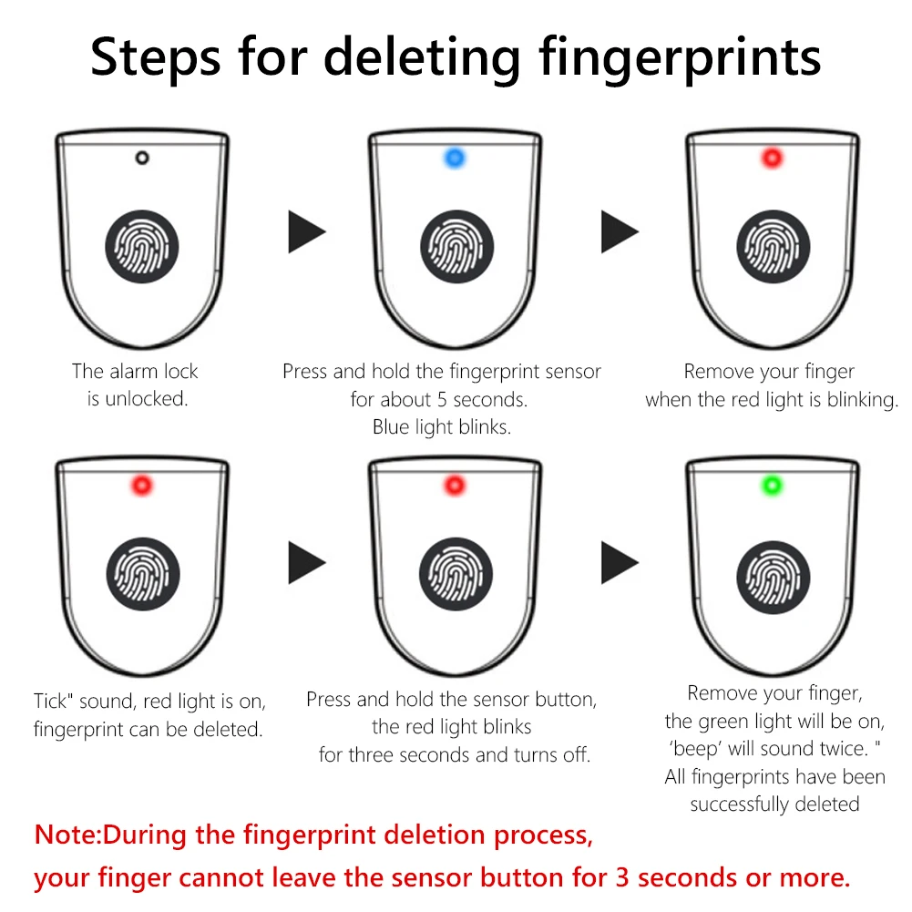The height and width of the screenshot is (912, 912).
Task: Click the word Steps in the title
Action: (x=155, y=57)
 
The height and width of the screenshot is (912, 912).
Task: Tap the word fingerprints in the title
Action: (x=680, y=57)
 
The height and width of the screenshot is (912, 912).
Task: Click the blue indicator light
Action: (x=455, y=158)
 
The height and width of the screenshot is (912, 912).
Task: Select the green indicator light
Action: (x=773, y=485)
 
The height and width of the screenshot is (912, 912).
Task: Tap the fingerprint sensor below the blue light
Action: (x=456, y=247)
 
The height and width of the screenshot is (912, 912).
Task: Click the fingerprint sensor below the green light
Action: (x=773, y=578)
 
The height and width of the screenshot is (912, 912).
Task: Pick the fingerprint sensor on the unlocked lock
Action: (x=141, y=247)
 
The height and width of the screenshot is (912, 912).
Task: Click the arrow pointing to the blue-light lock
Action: (x=306, y=231)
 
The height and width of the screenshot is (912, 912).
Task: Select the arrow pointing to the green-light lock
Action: (x=620, y=562)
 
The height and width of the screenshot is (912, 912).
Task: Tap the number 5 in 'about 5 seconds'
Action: (x=442, y=400)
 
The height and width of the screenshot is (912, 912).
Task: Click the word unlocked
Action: (x=146, y=398)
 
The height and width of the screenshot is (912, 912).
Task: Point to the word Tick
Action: (x=51, y=701)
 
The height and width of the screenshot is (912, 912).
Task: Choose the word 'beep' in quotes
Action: (x=695, y=749)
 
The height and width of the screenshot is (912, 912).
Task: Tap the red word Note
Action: (x=65, y=835)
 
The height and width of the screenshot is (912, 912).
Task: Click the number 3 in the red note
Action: (x=622, y=877)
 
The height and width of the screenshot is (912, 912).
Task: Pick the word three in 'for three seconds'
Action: (x=378, y=755)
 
